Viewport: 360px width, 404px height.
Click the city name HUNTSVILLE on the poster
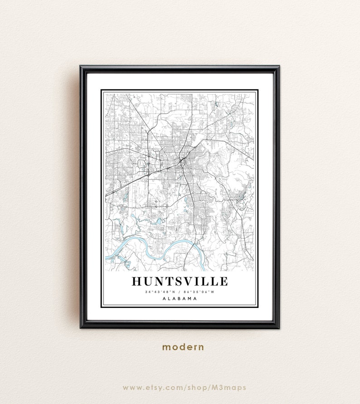click(x=180, y=281)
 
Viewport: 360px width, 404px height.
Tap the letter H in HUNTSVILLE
click(x=137, y=281)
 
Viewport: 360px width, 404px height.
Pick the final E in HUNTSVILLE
click(x=223, y=281)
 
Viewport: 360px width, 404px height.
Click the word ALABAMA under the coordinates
click(x=180, y=299)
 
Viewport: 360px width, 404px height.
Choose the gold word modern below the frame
click(x=183, y=347)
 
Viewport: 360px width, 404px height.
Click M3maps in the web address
click(x=230, y=388)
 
